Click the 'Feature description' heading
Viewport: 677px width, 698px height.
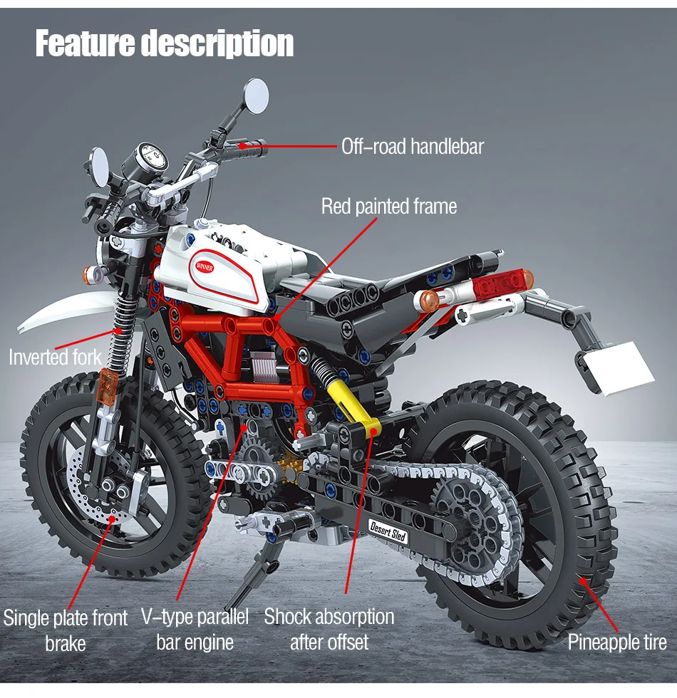(164, 44)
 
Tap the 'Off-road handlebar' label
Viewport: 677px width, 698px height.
(412, 147)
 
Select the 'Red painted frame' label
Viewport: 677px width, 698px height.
(388, 207)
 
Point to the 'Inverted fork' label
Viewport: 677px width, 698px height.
(55, 356)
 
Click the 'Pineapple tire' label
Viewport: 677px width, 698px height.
(617, 642)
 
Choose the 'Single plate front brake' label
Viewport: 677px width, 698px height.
(66, 630)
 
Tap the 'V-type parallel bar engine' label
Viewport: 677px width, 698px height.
(195, 629)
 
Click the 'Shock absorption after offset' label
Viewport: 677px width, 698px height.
(329, 629)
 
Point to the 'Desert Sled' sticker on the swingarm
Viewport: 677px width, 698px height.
(388, 531)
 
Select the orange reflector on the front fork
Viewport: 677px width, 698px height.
(107, 385)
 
